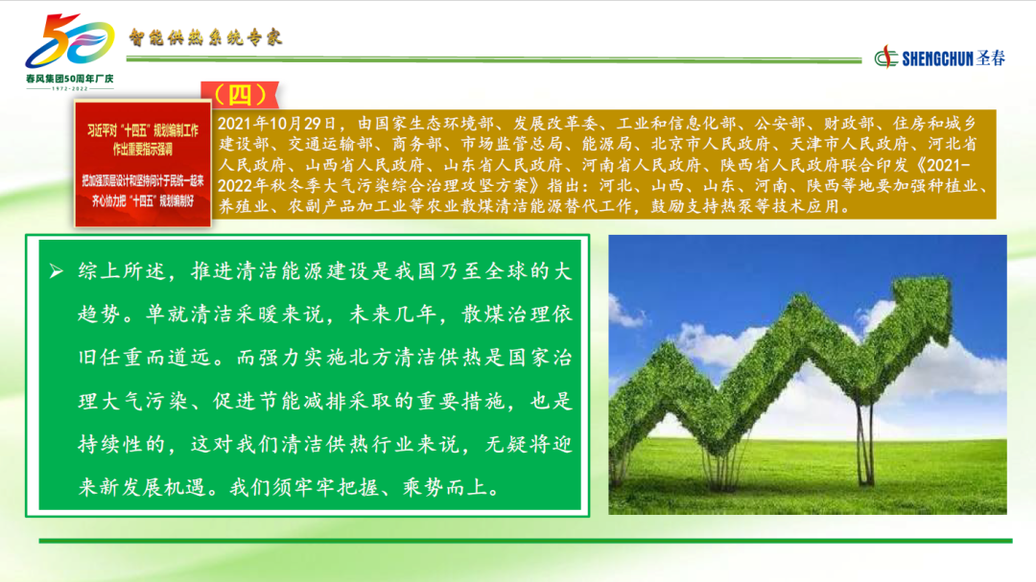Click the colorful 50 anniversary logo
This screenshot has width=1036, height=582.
click(x=69, y=41)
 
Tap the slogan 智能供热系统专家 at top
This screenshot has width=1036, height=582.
click(x=205, y=37)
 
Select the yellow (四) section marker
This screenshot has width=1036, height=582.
click(x=241, y=95)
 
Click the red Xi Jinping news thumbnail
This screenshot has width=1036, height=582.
click(x=143, y=163)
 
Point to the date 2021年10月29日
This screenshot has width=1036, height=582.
click(x=277, y=124)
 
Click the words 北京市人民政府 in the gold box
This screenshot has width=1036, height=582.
click(x=711, y=144)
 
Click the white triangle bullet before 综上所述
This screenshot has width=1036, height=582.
click(x=57, y=270)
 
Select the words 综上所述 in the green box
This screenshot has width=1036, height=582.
click(x=122, y=270)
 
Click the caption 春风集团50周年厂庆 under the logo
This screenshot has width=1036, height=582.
click(x=69, y=79)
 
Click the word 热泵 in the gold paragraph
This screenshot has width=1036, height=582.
click(x=736, y=206)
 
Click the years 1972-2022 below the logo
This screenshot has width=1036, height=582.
click(x=69, y=88)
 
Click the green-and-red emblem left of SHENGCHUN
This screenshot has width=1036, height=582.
click(x=886, y=58)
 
